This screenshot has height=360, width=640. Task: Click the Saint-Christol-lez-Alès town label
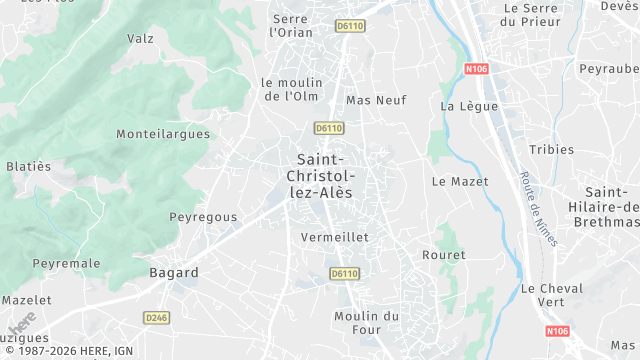(x=321, y=175)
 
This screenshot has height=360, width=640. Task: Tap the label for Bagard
(x=173, y=272)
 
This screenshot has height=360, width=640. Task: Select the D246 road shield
(x=155, y=318)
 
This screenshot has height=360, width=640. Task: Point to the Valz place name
(x=140, y=38)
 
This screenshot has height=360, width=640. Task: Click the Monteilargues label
(x=163, y=133)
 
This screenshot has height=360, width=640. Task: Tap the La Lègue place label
(x=461, y=106)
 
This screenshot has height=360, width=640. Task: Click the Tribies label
(x=552, y=149)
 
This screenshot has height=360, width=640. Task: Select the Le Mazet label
(x=460, y=182)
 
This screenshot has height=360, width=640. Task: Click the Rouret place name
(x=445, y=255)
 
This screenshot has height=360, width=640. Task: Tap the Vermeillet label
(x=335, y=237)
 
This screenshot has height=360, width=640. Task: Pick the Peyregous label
(x=203, y=216)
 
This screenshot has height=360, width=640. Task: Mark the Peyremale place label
(x=67, y=263)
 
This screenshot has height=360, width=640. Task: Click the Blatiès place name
(x=29, y=166)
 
